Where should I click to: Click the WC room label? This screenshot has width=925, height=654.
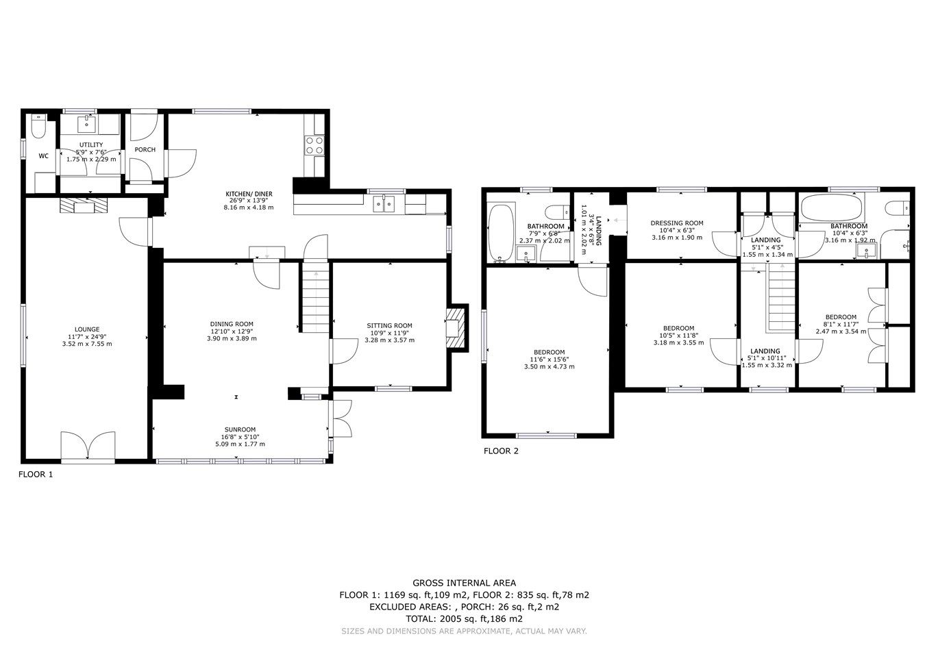(x=43, y=156)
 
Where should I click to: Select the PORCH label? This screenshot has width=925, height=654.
(x=145, y=150)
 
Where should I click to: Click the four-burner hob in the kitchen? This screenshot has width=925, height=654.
(x=314, y=145)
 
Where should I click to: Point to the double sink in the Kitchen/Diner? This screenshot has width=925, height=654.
(x=384, y=203)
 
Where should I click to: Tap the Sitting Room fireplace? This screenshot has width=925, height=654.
(x=455, y=327)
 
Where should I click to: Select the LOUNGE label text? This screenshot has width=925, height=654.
(x=86, y=329)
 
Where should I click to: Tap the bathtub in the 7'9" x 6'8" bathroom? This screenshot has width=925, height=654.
(x=500, y=232)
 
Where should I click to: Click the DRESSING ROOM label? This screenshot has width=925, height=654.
(x=677, y=223)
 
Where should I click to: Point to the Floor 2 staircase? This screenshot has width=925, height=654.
(x=779, y=300)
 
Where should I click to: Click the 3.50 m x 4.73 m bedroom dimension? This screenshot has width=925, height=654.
(x=547, y=367)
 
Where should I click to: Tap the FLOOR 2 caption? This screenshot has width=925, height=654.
(x=501, y=451)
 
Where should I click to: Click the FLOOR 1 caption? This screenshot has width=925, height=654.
(x=35, y=474)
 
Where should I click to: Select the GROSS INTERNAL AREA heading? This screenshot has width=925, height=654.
(x=464, y=583)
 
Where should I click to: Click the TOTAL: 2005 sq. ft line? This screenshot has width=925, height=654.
(x=464, y=618)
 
